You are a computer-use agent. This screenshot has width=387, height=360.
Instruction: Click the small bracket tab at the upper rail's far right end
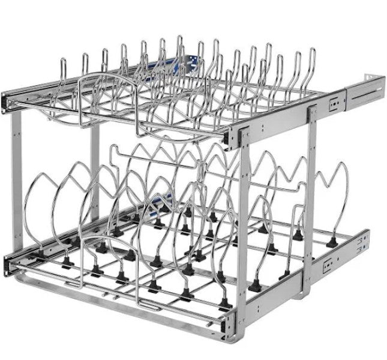(378, 77)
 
